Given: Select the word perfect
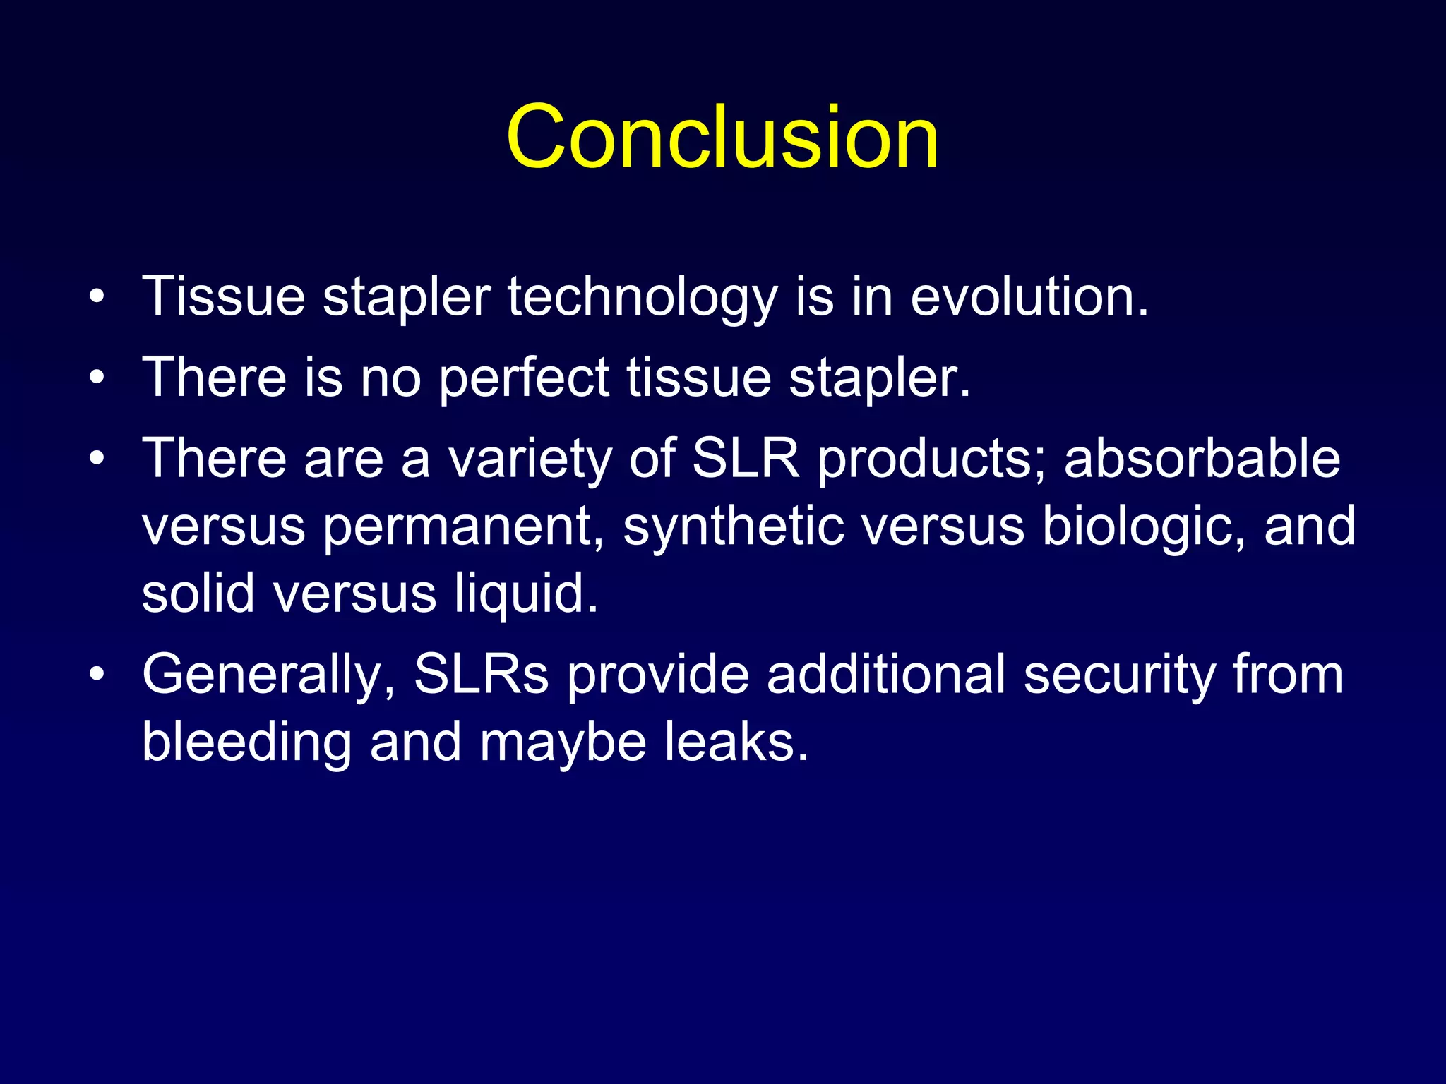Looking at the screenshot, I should (524, 378).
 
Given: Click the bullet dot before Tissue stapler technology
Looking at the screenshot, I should (97, 296).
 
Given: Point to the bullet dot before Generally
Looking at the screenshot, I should (97, 674).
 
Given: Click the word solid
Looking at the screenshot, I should (198, 593).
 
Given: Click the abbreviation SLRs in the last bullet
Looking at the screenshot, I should (481, 674).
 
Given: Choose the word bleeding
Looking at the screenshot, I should (246, 742).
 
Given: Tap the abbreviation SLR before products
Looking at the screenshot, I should (746, 459).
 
